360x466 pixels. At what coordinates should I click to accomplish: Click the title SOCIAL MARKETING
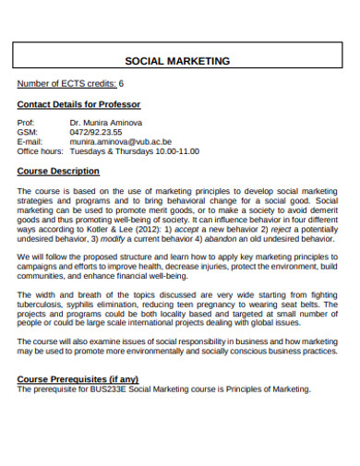[177, 61]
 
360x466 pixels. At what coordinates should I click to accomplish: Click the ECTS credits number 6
[121, 84]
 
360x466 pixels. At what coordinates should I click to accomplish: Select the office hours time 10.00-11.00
[177, 151]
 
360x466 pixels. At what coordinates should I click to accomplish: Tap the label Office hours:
[41, 151]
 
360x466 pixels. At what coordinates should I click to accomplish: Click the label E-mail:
[30, 142]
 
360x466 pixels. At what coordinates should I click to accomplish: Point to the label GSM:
[28, 132]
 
